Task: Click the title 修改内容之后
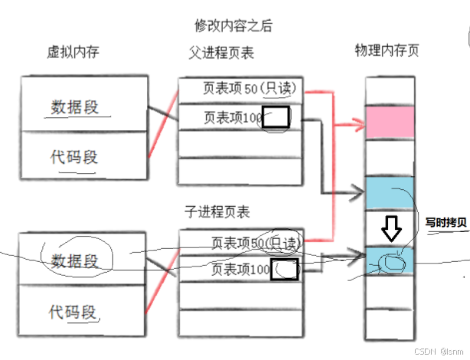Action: point(234,25)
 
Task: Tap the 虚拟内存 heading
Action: point(73,52)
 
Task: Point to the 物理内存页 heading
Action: point(387,51)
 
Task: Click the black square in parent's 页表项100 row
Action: point(279,117)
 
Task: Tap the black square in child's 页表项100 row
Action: point(286,269)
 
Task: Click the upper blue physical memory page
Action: point(390,193)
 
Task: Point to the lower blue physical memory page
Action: point(390,260)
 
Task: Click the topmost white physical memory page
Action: point(390,90)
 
